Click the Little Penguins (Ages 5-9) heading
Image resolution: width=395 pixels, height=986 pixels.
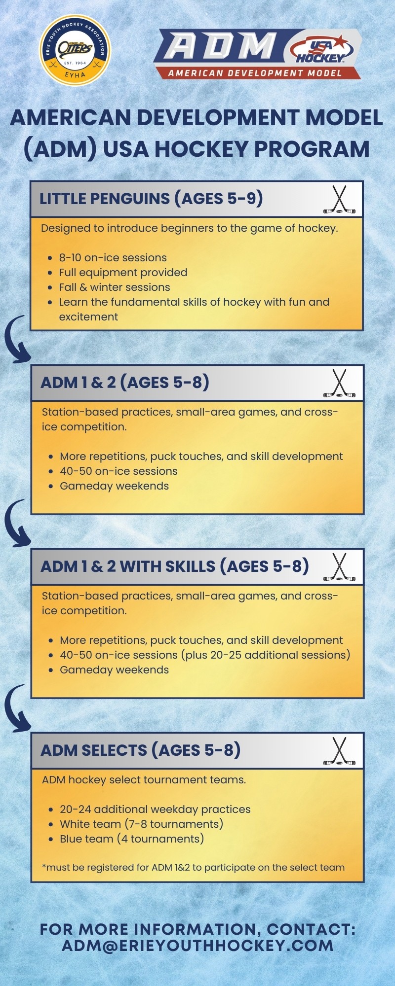151,198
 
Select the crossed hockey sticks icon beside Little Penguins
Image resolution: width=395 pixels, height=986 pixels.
339,200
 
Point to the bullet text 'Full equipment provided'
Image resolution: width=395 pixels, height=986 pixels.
123,273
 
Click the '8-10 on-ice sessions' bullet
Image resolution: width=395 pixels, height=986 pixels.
113,258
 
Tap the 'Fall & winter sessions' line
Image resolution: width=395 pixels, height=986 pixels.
114,287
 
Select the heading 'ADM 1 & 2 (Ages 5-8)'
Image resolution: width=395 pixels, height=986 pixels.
125,382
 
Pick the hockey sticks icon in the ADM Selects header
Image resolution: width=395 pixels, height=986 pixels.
339,751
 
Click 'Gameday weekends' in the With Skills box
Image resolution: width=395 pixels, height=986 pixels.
114,670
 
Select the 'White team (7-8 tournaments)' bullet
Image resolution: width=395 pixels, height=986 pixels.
142,824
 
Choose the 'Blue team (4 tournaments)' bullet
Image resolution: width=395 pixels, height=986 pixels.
132,839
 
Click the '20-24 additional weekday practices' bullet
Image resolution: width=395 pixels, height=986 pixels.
155,809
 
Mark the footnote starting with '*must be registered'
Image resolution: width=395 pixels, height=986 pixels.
194,867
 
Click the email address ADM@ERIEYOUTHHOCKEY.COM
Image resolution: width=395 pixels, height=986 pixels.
197,945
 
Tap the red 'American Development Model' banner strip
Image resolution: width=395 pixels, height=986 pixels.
256,73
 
